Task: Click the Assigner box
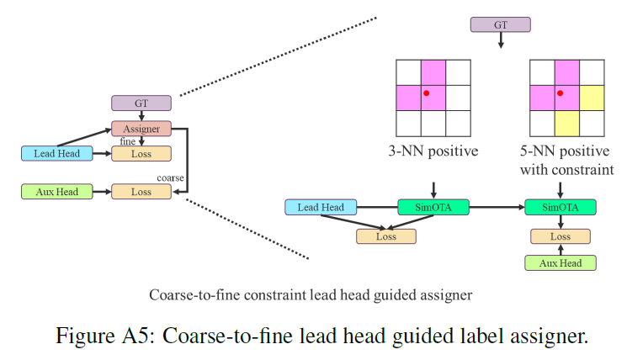click(x=141, y=129)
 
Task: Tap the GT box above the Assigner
click(x=141, y=103)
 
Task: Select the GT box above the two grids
click(x=500, y=24)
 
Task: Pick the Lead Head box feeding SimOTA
click(x=321, y=207)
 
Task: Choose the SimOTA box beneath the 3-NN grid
click(x=433, y=207)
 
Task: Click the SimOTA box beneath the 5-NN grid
click(x=560, y=207)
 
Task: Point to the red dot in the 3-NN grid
click(x=427, y=93)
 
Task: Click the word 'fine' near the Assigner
click(x=127, y=142)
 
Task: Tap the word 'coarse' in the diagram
click(x=172, y=177)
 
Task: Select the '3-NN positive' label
click(x=433, y=152)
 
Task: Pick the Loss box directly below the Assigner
click(x=141, y=154)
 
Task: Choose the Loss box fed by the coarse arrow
click(x=141, y=192)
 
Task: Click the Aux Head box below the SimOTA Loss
click(x=560, y=263)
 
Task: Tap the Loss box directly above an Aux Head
click(x=560, y=236)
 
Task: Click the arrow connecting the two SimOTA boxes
click(x=496, y=207)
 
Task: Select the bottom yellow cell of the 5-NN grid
click(x=566, y=123)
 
